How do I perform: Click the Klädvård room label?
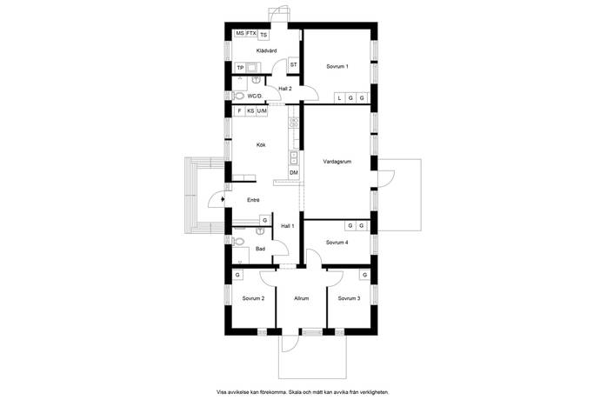(x=266, y=50)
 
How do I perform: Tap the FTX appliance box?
(x=251, y=34)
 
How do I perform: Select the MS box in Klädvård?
(x=240, y=34)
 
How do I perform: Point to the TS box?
(x=263, y=35)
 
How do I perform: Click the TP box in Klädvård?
(x=240, y=68)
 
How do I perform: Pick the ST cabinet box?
(x=294, y=64)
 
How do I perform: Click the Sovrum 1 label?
(x=337, y=66)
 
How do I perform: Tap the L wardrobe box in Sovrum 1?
(x=339, y=98)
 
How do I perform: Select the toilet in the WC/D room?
(x=239, y=96)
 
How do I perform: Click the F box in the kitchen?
(x=239, y=111)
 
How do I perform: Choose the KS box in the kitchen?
(x=250, y=111)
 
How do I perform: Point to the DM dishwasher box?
(x=294, y=173)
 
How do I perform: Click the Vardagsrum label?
(x=337, y=162)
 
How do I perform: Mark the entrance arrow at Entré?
(x=223, y=199)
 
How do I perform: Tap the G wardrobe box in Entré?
(x=265, y=220)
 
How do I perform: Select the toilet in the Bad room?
(x=238, y=241)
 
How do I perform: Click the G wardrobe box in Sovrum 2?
(x=237, y=275)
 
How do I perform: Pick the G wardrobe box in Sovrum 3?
(x=364, y=275)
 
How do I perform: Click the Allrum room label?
(x=302, y=298)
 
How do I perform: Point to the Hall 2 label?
(x=285, y=89)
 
